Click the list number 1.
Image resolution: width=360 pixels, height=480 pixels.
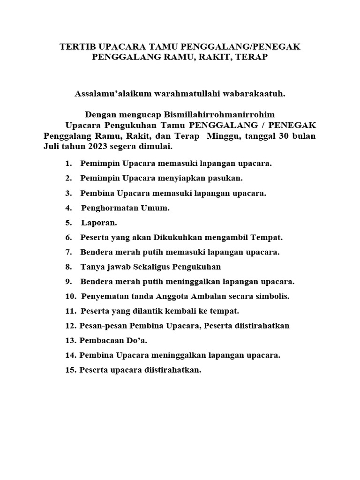pos(68,164)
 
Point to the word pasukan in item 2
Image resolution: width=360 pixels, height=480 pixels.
pos(226,179)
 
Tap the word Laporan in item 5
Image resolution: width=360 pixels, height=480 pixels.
pos(99,223)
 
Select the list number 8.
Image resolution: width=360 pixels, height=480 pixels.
pos(68,267)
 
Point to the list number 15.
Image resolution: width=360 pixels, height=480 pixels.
pos(71,370)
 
